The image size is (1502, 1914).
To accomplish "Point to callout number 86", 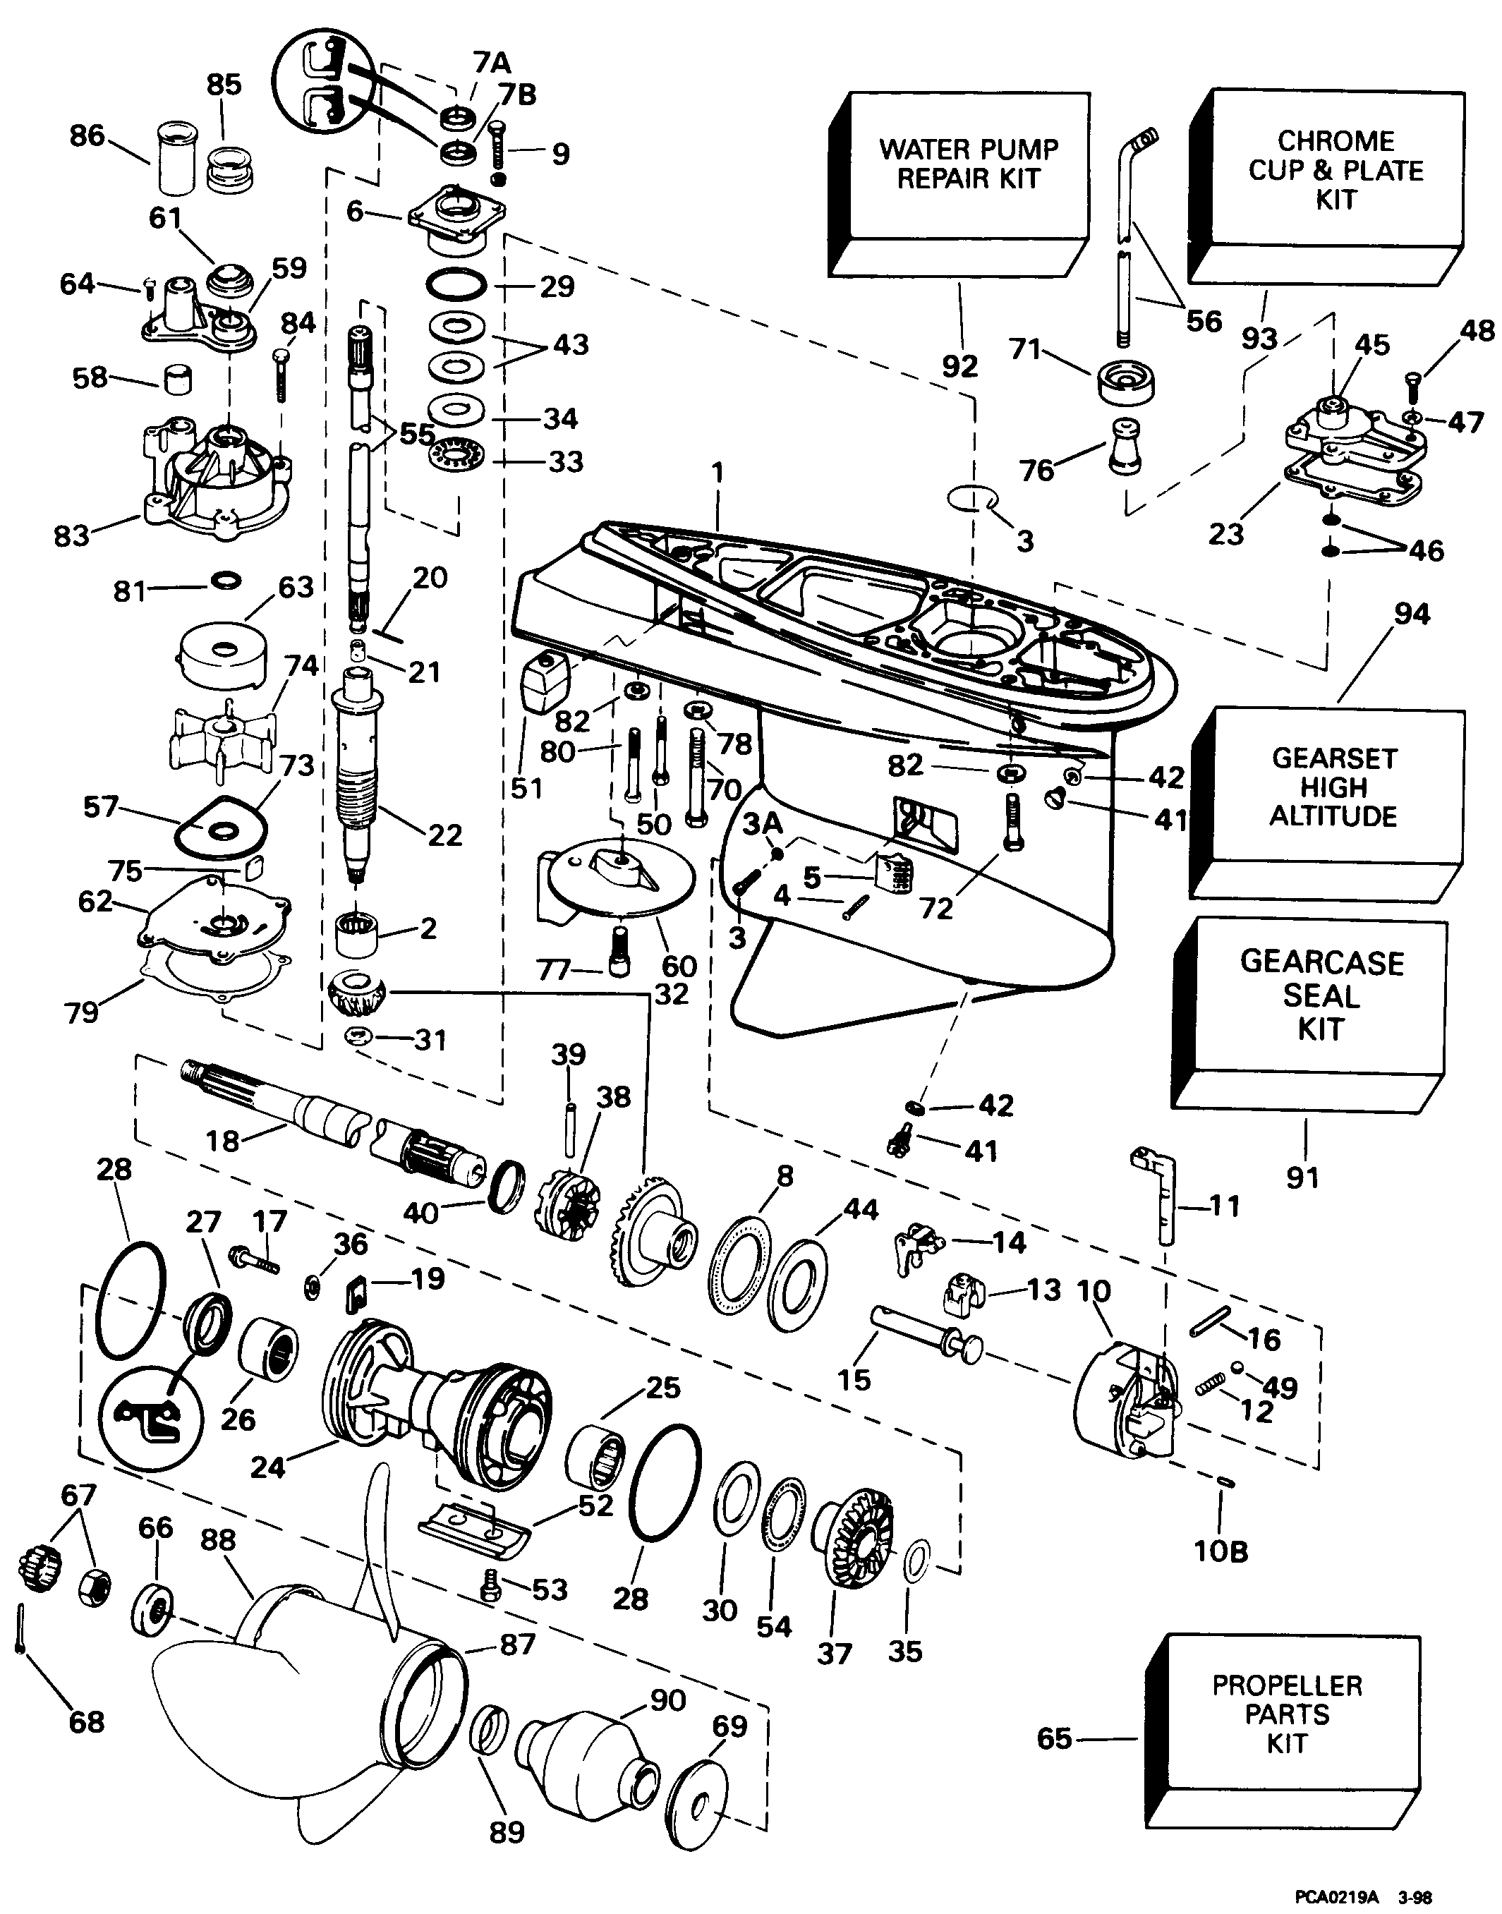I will tap(87, 136).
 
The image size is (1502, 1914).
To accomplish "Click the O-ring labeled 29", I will tap(456, 286).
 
